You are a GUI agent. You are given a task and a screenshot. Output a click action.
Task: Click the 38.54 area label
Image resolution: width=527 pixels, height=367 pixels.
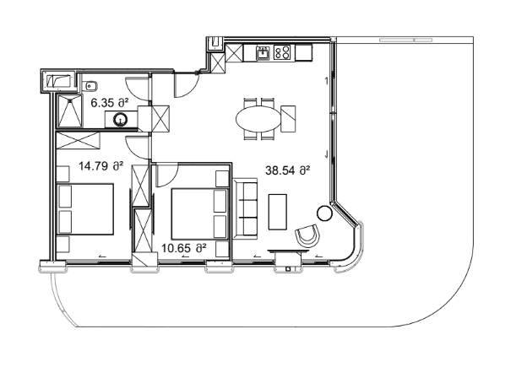[287, 170]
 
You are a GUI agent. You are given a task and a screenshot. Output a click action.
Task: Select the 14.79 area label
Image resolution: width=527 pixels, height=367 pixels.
[101, 166]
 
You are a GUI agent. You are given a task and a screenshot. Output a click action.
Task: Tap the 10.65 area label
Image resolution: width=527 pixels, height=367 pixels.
[183, 249]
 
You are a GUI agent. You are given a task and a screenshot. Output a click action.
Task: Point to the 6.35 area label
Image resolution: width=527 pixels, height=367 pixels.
[111, 103]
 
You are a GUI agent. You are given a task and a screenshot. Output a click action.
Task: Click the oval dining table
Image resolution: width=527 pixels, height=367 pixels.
[258, 119]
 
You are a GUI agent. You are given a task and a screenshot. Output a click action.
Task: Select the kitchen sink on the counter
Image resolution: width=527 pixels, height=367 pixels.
[263, 53]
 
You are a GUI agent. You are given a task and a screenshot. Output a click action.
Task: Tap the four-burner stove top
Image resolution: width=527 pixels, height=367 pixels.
[281, 52]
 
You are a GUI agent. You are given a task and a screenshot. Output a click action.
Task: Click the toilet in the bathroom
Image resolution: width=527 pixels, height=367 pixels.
[90, 86]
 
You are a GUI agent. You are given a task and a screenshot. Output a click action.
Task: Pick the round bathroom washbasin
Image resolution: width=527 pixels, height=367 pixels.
[120, 119]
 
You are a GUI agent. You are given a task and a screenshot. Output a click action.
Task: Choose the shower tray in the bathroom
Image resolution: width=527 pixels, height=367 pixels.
[70, 111]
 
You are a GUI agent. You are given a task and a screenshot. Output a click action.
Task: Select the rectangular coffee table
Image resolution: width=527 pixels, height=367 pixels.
[278, 212]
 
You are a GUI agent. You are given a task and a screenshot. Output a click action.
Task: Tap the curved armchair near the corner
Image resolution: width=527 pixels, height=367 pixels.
[307, 236]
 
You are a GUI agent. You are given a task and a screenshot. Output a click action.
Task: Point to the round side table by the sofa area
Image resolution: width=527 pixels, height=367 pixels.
[324, 213]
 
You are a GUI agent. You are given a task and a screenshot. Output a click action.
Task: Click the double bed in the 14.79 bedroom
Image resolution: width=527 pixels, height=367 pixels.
[85, 208]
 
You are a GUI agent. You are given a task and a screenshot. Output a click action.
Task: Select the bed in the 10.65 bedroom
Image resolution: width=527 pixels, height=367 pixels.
[200, 214]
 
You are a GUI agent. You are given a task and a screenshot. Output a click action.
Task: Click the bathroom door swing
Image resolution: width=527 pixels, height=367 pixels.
[137, 89]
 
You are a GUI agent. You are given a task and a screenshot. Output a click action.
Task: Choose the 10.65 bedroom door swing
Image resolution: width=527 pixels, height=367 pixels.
[167, 175]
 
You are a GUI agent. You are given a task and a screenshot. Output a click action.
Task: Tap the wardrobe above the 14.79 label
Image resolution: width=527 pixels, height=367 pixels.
[78, 140]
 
